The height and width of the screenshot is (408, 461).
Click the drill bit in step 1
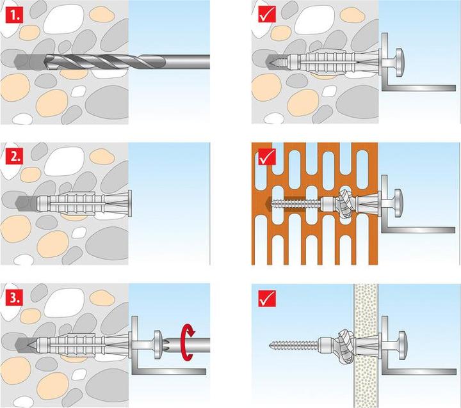(x=128, y=61)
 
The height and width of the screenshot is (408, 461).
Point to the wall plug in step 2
(x=86, y=203)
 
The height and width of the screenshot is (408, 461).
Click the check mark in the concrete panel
(x=267, y=13)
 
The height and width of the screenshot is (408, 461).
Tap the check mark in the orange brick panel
(x=267, y=155)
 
